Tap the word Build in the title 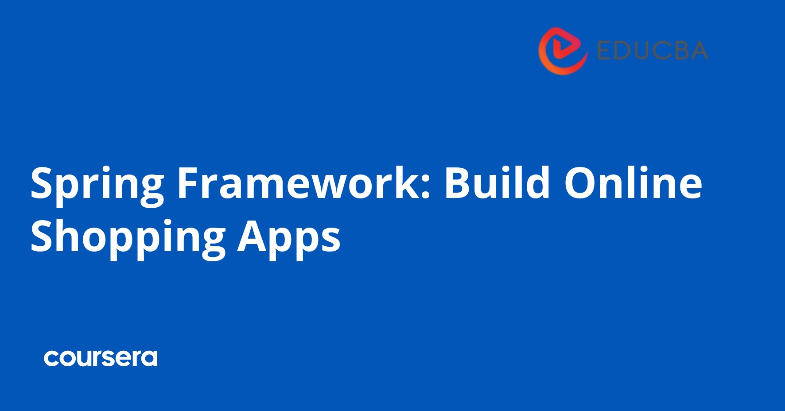click(x=497, y=182)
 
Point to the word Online click(x=633, y=182)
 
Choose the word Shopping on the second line click(x=128, y=237)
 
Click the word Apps click(x=289, y=237)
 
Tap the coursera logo click(x=101, y=358)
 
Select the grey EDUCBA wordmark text click(x=652, y=50)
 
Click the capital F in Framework click(x=187, y=182)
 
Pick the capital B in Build click(x=457, y=182)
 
